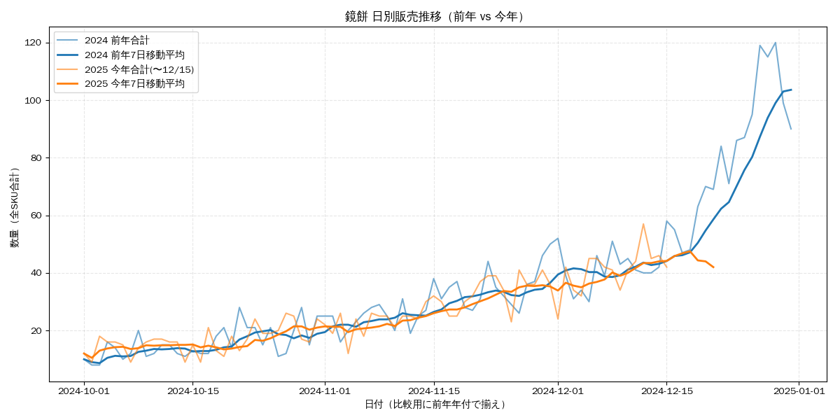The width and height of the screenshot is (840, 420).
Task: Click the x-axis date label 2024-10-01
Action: (84, 391)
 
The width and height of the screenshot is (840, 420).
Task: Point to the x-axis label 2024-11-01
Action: (325, 391)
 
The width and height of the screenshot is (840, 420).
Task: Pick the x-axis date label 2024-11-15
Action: (434, 391)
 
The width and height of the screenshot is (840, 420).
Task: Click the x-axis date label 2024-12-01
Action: (558, 391)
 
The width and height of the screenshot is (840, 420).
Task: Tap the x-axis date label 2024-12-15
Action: (666, 391)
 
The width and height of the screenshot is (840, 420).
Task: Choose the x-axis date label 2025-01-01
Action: (799, 391)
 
